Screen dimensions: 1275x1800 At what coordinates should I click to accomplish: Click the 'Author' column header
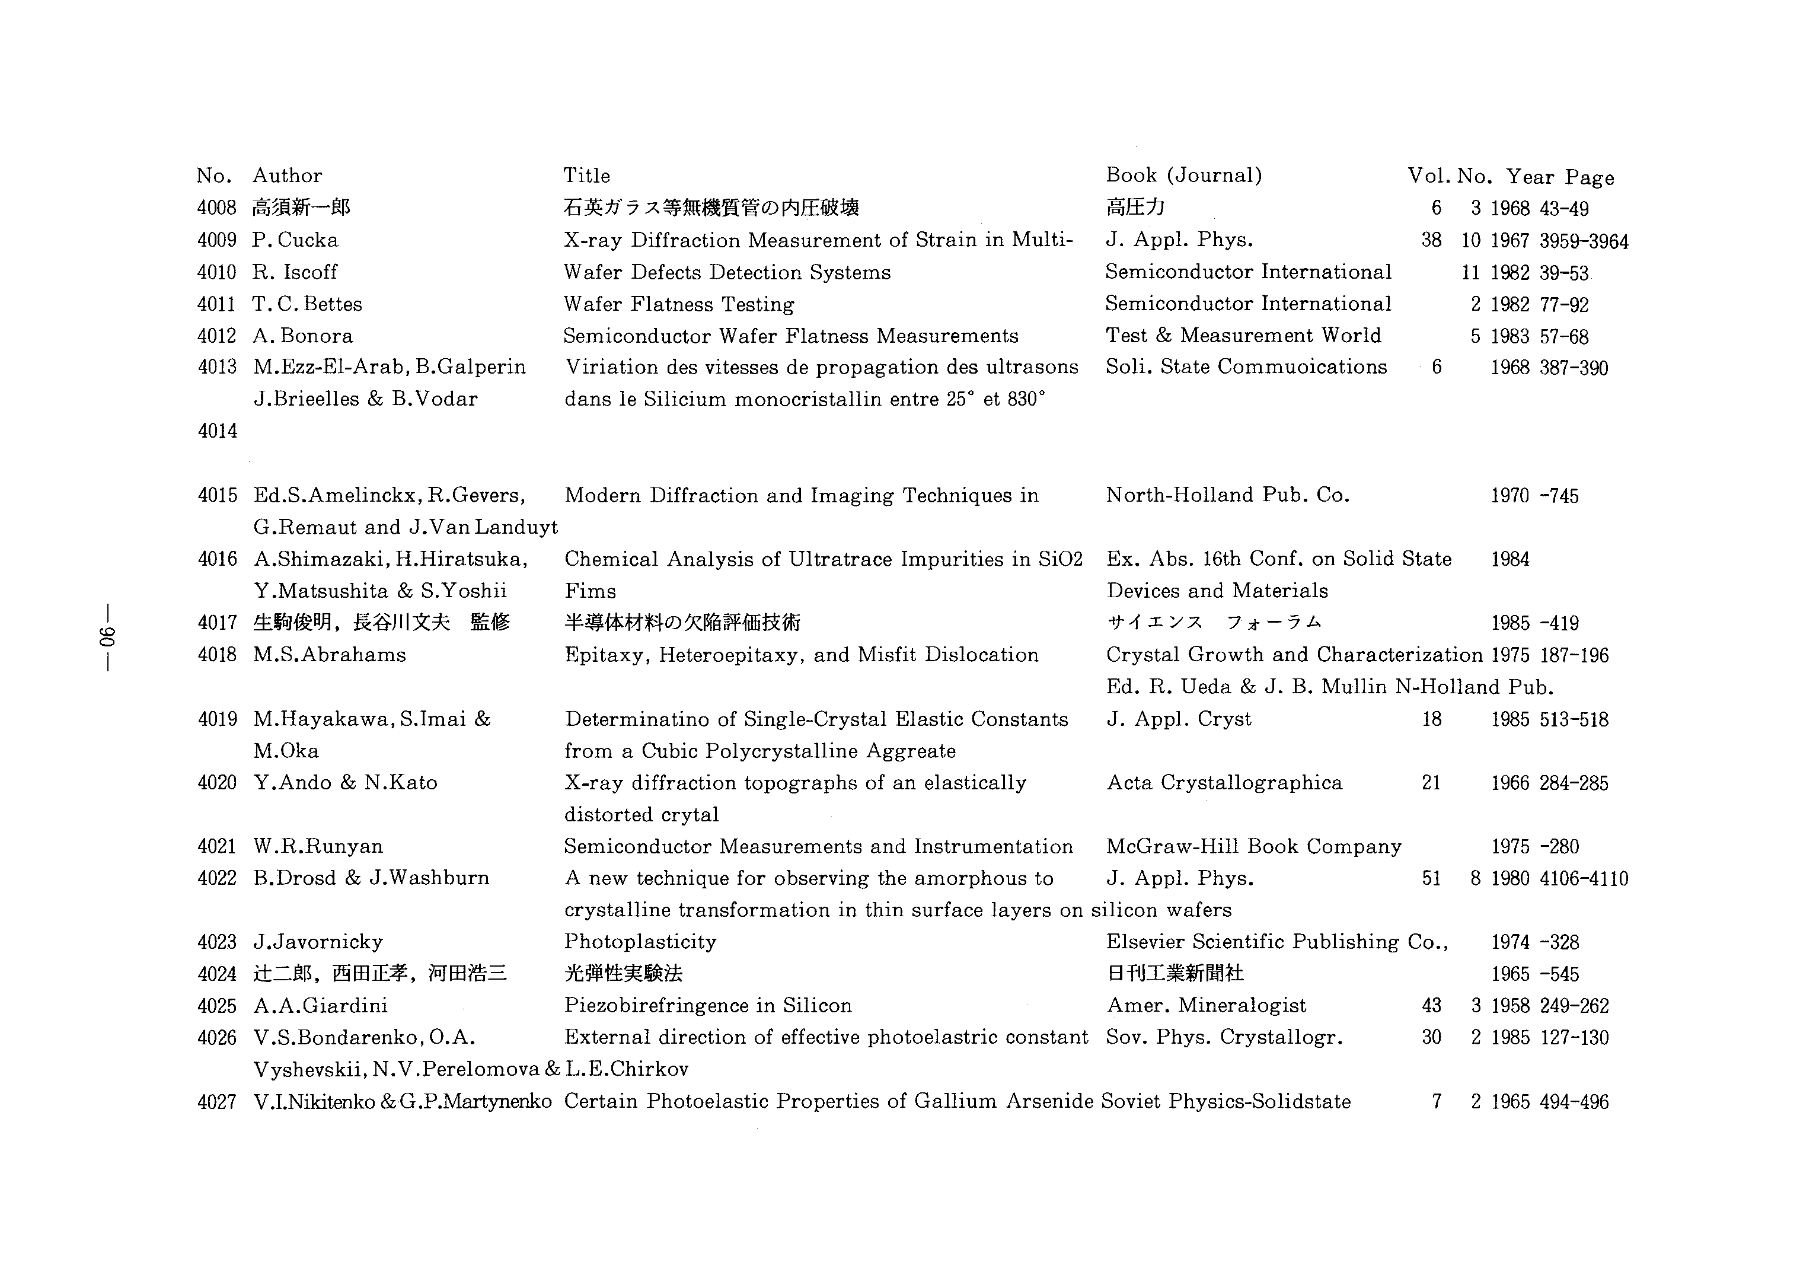(x=288, y=176)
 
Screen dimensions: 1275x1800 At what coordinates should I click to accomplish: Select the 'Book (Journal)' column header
(x=1184, y=175)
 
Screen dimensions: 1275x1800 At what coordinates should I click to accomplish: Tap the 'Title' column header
(x=586, y=176)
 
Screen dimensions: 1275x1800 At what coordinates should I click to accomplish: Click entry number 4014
(x=218, y=431)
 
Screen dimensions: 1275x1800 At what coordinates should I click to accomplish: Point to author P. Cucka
(x=295, y=240)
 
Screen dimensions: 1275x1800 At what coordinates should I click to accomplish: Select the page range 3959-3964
(x=1584, y=241)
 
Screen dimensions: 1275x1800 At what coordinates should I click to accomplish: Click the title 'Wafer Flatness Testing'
(x=679, y=305)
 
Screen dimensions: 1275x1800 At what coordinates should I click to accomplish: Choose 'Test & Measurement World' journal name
(x=1243, y=336)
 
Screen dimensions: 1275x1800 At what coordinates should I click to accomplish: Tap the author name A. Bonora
(x=303, y=336)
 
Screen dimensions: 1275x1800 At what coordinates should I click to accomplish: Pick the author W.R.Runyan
(x=318, y=846)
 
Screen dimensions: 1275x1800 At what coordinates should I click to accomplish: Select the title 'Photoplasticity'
(x=640, y=942)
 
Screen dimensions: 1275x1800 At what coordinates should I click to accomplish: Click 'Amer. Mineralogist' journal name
(x=1207, y=1006)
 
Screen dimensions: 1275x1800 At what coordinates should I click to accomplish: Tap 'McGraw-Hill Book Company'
(x=1253, y=846)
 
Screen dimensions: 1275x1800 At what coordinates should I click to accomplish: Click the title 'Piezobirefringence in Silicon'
(x=708, y=1006)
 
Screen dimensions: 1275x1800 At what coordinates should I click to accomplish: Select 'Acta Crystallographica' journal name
(x=1224, y=783)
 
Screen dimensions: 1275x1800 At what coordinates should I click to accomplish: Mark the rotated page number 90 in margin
(x=107, y=638)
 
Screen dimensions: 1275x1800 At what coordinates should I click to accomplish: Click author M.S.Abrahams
(x=330, y=655)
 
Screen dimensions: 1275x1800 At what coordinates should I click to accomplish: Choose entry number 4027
(x=218, y=1102)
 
